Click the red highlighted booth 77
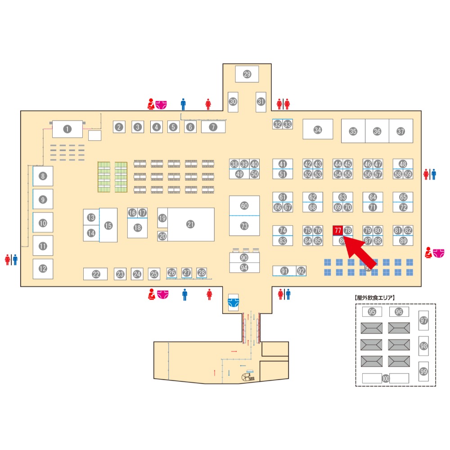pyautogui.click(x=337, y=230)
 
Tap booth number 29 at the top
pyautogui.click(x=247, y=74)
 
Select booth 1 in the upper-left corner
pyautogui.click(x=67, y=129)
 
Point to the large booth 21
pyautogui.click(x=190, y=224)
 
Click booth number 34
pyautogui.click(x=318, y=130)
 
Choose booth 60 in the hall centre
pyautogui.click(x=244, y=206)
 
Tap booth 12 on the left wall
pyautogui.click(x=43, y=269)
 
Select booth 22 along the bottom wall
pyautogui.click(x=95, y=274)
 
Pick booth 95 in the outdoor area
pyautogui.click(x=372, y=311)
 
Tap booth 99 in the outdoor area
pyautogui.click(x=423, y=371)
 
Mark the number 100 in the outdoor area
pyautogui.click(x=385, y=378)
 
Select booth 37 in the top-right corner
pyautogui.click(x=400, y=131)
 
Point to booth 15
pyautogui.click(x=108, y=225)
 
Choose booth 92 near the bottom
pyautogui.click(x=301, y=271)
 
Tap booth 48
pyautogui.click(x=403, y=164)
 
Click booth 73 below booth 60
pyautogui.click(x=244, y=226)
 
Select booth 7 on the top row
pyautogui.click(x=213, y=127)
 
